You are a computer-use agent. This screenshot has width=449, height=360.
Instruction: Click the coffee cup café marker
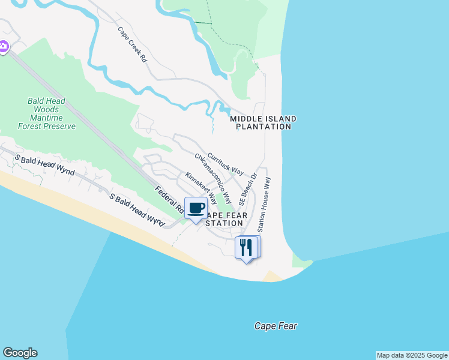196,208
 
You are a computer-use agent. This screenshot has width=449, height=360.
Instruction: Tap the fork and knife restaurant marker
246,247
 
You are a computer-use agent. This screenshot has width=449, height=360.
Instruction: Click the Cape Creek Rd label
132,44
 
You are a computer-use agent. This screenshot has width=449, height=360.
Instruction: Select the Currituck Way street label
229,163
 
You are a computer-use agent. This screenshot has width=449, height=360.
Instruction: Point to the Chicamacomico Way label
212,178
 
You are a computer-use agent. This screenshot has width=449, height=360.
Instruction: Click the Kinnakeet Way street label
200,187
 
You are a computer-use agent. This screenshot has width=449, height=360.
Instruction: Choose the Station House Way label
264,204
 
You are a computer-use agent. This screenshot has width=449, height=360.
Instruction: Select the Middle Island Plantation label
264,122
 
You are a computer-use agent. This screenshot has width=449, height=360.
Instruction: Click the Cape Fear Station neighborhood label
224,219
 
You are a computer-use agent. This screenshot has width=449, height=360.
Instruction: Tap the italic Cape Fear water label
276,326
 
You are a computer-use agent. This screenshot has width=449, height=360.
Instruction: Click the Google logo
20,353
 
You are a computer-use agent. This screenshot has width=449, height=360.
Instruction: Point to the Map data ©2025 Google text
412,355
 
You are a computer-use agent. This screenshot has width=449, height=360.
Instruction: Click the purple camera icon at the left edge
3,46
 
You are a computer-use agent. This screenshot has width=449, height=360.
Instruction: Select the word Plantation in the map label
264,127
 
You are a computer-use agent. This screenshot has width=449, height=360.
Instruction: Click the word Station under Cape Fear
224,223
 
